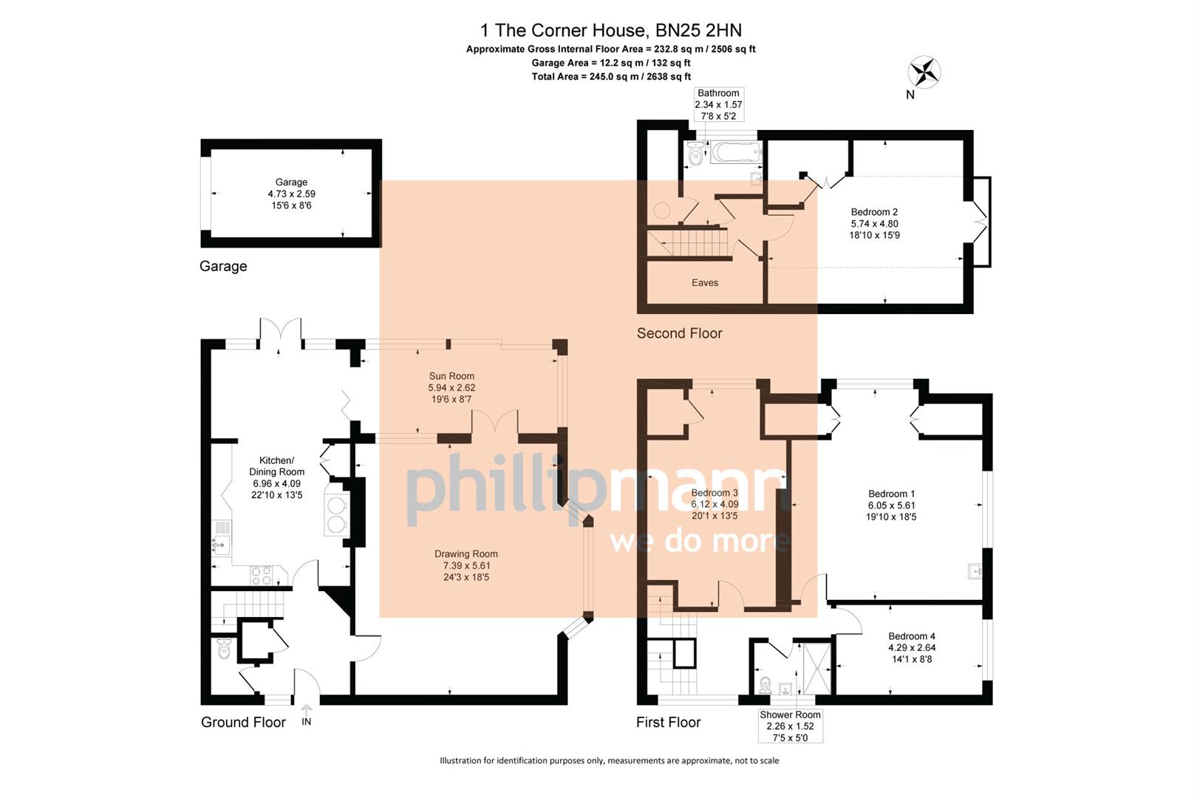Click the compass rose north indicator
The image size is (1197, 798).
(x=924, y=72)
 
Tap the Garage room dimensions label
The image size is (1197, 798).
(x=291, y=194)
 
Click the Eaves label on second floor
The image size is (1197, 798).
(x=704, y=283)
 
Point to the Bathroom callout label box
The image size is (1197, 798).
(x=718, y=104)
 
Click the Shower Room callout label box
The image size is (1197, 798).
(x=790, y=726)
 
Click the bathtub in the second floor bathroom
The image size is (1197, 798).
(x=735, y=153)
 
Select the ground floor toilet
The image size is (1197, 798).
(x=224, y=651)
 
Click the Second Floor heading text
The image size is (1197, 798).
(x=679, y=333)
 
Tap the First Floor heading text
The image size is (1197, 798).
(x=668, y=722)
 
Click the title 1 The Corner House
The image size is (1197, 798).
(x=610, y=30)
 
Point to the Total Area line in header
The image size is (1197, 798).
(x=610, y=76)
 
